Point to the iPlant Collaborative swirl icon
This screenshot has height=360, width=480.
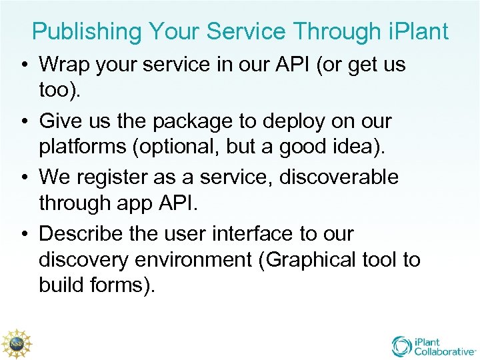tap(402, 346)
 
